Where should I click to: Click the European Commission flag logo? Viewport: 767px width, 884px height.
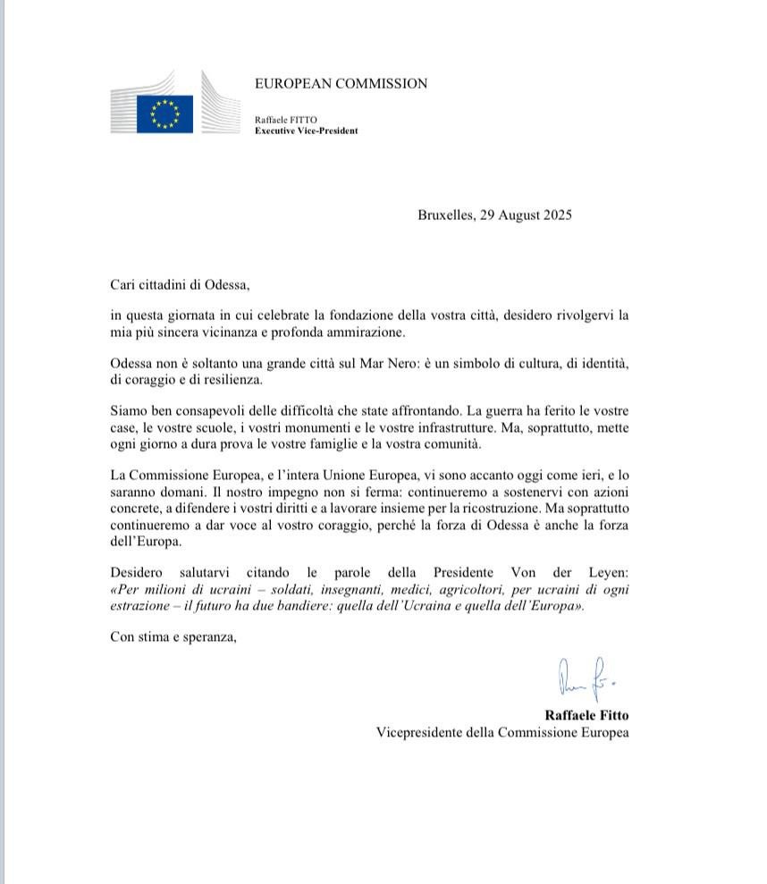click(164, 114)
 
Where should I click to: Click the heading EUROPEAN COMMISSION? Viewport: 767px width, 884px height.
click(341, 84)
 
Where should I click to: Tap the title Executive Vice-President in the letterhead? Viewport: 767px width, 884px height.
click(306, 130)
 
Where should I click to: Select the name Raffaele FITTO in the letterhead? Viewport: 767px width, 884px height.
click(286, 120)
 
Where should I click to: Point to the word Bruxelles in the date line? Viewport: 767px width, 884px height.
click(444, 215)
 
